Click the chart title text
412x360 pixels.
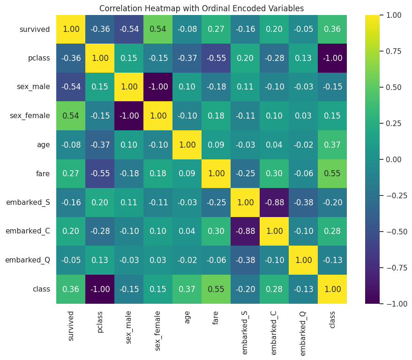point(202,8)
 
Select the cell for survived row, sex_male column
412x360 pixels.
point(129,30)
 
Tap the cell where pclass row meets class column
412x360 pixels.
point(332,59)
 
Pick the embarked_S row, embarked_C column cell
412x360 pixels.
point(274,203)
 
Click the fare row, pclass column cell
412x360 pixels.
point(100,174)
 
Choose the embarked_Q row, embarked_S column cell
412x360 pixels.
point(245,261)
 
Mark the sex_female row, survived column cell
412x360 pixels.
point(71,116)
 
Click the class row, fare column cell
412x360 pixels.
point(216,289)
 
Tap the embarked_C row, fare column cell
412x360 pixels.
point(216,232)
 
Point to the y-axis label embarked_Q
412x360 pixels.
point(28,261)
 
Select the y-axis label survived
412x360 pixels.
point(35,30)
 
